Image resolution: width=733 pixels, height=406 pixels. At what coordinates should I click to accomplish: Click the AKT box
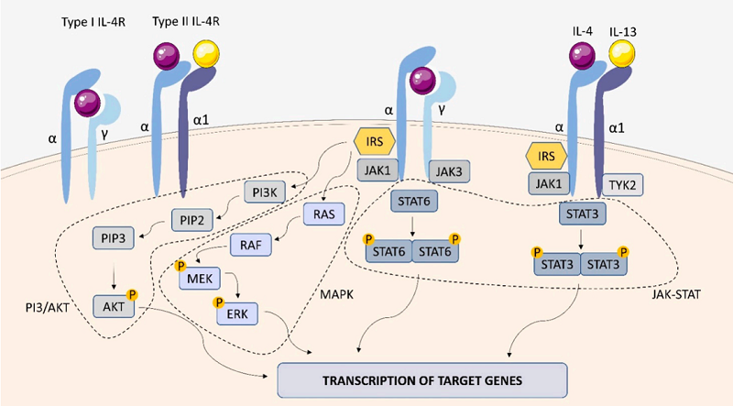(113, 305)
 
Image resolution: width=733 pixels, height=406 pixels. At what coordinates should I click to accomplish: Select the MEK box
(205, 277)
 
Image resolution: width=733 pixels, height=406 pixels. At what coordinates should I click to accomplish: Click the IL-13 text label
(622, 30)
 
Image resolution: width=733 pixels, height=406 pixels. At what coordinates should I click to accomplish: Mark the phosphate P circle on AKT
(132, 295)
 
